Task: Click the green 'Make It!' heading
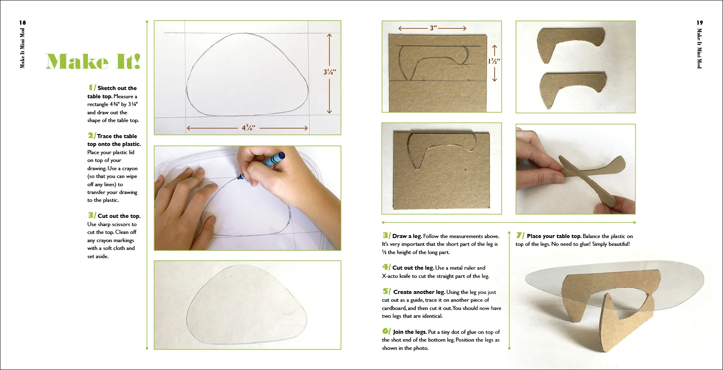[93, 61]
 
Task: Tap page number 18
[23, 23]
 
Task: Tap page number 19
[700, 23]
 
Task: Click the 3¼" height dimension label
[329, 72]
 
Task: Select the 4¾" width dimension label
[249, 128]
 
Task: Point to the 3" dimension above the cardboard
[433, 28]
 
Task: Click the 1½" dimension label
[494, 61]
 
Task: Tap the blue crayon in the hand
[262, 165]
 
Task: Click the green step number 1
[92, 87]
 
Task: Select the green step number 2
[92, 135]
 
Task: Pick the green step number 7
[520, 235]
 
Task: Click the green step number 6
[386, 331]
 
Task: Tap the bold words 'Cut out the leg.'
[413, 268]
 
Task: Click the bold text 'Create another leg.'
[419, 292]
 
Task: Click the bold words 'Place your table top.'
[554, 236]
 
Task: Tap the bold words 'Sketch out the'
[117, 88]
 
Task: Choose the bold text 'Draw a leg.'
[407, 236]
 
